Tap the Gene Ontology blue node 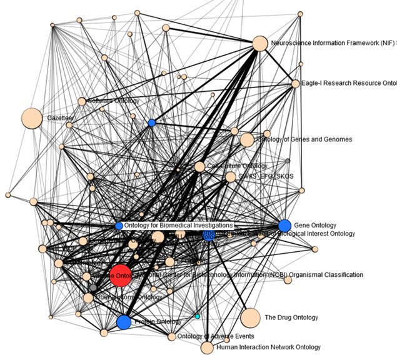(x=284, y=226)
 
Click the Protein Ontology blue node (x=124, y=322)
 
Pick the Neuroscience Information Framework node (x=259, y=44)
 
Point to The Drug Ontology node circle (x=250, y=317)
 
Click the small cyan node (x=198, y=317)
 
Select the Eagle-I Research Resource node (x=296, y=84)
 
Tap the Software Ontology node (x=82, y=101)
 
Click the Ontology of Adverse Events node (x=172, y=337)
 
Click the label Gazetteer (x=60, y=117)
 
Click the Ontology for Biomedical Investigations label (x=178, y=225)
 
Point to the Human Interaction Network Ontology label (x=268, y=347)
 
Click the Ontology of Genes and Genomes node (x=247, y=139)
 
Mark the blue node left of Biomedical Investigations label (x=119, y=226)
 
